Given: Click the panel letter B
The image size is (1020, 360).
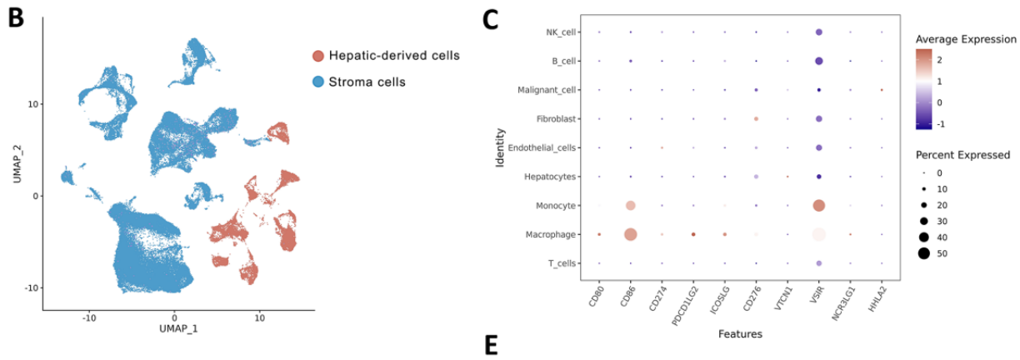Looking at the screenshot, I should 17,18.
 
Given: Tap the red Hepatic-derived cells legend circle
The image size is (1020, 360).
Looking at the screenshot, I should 318,56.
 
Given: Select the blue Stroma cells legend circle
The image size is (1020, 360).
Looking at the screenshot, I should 318,82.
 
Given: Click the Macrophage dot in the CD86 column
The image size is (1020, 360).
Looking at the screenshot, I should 630,235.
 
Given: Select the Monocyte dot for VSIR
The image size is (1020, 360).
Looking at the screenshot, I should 818,206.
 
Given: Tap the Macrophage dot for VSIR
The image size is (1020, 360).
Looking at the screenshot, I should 818,235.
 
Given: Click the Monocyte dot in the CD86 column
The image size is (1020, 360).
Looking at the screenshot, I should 630,206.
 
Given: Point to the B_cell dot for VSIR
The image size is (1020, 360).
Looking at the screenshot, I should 818,61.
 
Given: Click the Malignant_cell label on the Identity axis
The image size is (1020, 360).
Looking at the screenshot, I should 541,90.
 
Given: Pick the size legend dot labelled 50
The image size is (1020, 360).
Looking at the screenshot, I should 924,253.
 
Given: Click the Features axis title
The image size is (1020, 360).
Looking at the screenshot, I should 739,334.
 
